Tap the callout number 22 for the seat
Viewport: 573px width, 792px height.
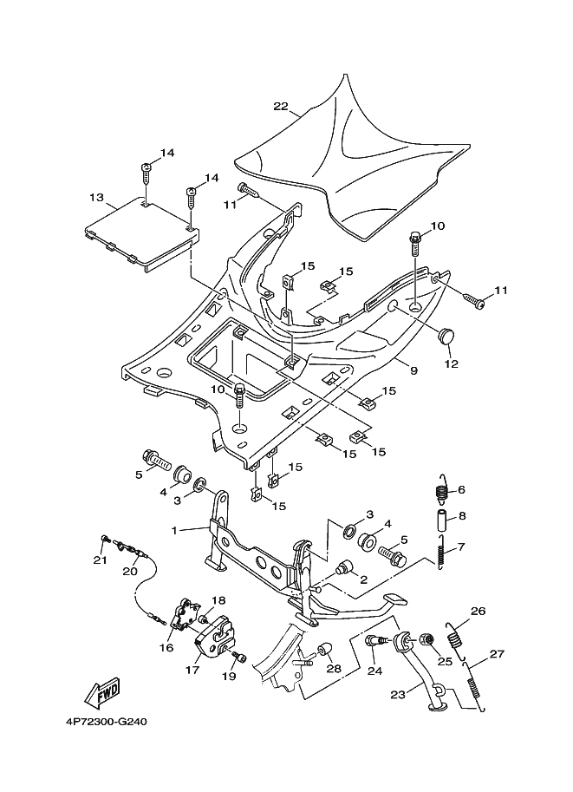pos(280,107)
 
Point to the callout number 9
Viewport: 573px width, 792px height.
pos(413,370)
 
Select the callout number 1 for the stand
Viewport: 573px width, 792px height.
pos(175,529)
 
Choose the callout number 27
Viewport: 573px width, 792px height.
pos(497,654)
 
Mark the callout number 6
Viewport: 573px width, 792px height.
pos(461,489)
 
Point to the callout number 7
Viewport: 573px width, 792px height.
pos(461,547)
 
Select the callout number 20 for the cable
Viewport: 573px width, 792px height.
pos(130,571)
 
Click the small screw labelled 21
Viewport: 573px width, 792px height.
pos(105,540)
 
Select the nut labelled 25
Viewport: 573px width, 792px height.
pos(426,640)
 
